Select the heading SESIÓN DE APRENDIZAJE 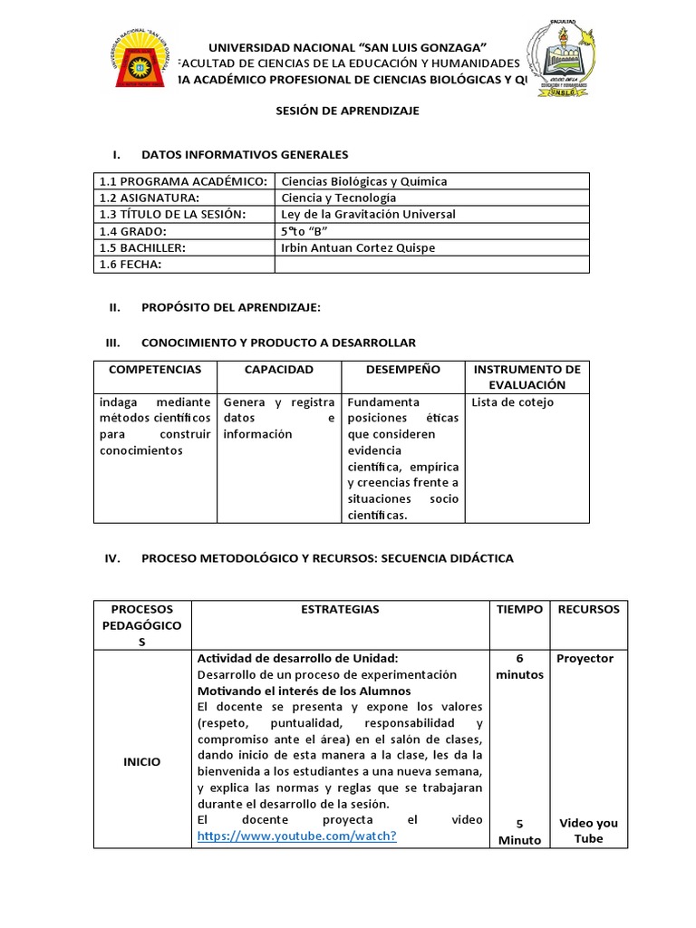point(348,110)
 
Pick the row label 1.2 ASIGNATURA point(150,198)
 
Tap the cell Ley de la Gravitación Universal point(369,215)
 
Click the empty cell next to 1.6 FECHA point(431,264)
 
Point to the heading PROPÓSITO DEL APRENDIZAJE point(231,308)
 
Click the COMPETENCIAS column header point(155,370)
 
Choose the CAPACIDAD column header point(278,370)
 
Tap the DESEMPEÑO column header point(402,370)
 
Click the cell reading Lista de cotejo point(513,402)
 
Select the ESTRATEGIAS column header point(340,610)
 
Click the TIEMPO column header point(519,610)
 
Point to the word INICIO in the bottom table point(142,762)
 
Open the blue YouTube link point(296,836)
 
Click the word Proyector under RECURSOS point(585,659)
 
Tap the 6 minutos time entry point(519,666)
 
